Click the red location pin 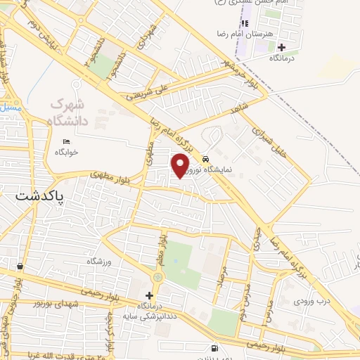[181, 165]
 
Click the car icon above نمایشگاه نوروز [206, 157]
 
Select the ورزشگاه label [99, 262]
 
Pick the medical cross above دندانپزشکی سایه [148, 295]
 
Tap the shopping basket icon [19, 266]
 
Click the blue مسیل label [10, 108]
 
